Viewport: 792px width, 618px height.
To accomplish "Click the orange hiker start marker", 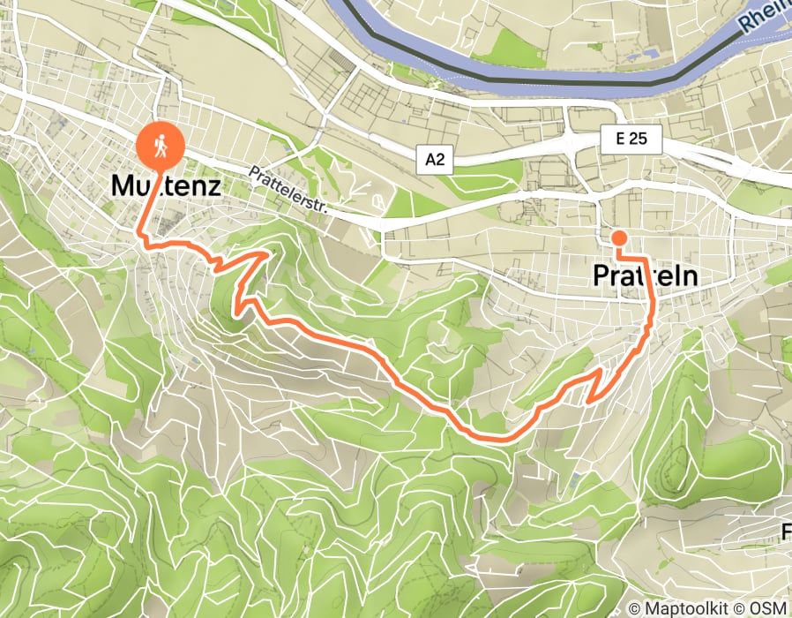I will tap(161, 144).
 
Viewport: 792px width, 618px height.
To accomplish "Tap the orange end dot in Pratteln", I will tap(619, 237).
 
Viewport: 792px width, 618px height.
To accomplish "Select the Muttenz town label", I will tap(166, 186).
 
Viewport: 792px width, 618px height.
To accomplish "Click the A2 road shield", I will tap(435, 159).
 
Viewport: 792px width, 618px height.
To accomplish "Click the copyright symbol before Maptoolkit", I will tap(633, 608).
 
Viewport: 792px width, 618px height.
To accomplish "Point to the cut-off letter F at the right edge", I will tap(787, 531).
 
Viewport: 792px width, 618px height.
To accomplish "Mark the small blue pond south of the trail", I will tap(575, 479).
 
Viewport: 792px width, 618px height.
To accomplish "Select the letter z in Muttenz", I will tap(210, 186).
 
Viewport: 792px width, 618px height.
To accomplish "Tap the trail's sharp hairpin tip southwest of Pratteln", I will tap(588, 399).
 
